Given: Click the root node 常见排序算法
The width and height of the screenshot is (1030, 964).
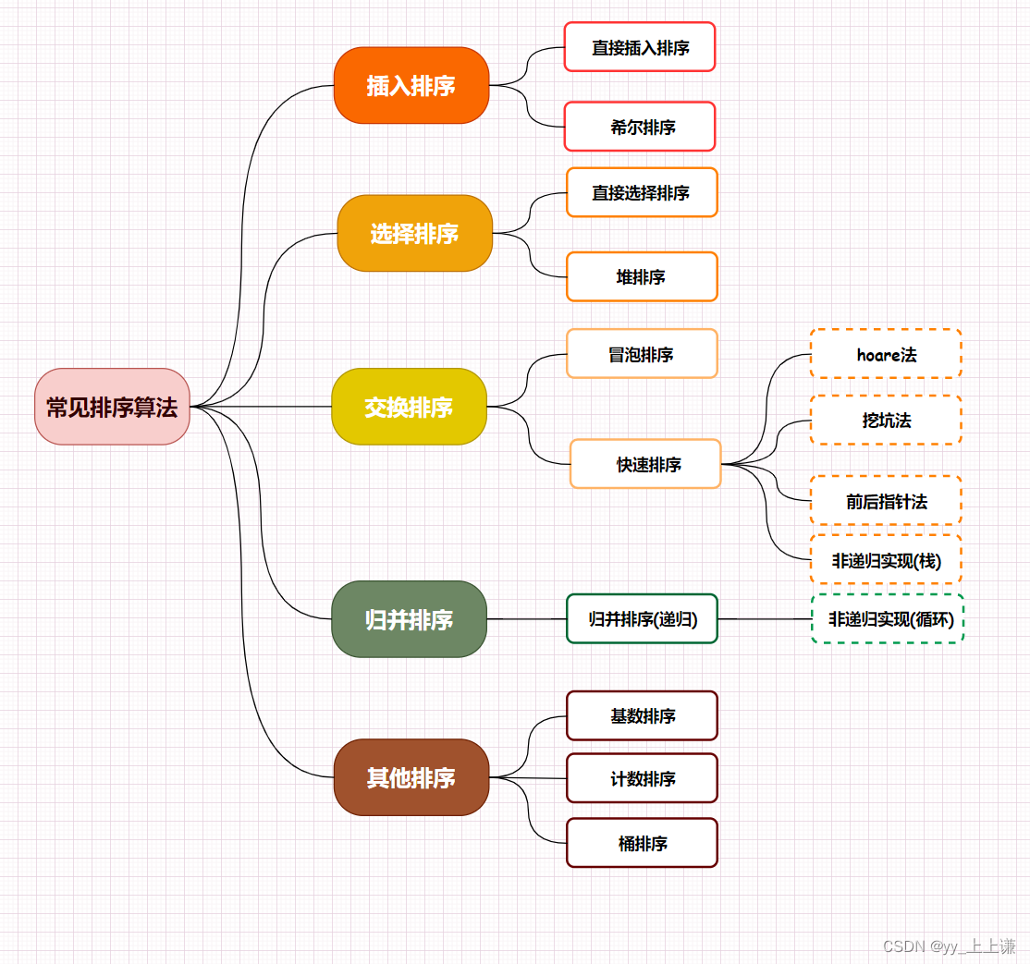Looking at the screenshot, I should coord(112,407).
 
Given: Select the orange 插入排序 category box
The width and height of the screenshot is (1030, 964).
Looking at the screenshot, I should coord(411,85).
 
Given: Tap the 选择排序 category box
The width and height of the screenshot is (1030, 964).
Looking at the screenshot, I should coord(414,234).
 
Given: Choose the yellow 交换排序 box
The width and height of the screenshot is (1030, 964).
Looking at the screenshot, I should coord(409,407).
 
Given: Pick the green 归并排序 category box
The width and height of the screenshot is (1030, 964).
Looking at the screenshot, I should coord(409,619).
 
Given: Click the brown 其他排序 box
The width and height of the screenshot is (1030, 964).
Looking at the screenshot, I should coord(411,777).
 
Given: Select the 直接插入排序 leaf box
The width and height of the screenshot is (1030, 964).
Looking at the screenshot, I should coord(640,47).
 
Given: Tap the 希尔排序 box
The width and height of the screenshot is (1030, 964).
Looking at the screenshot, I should coord(640,127).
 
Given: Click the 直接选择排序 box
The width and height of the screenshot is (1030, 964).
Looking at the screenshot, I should coord(642,192).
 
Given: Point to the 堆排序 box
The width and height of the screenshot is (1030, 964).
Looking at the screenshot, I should coord(642,276).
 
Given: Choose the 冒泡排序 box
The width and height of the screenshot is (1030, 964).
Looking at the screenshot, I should coord(642,354).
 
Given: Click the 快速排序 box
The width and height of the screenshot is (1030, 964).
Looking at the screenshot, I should coord(645,464).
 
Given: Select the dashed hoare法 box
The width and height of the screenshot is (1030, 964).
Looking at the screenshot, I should coord(886,354).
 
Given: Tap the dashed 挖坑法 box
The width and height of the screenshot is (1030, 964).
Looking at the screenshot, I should coord(886,421).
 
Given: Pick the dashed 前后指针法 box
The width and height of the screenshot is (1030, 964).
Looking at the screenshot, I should coord(886,501).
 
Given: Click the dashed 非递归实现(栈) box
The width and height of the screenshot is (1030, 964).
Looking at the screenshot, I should coord(886,560).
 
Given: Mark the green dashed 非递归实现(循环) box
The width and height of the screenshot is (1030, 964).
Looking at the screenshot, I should coord(888,619).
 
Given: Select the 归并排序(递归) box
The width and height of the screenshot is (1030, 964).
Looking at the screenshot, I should coord(642,619).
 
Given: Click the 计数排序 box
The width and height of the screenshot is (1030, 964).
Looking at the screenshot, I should coord(642,778).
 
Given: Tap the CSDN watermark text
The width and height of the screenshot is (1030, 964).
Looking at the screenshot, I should coord(949,946).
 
